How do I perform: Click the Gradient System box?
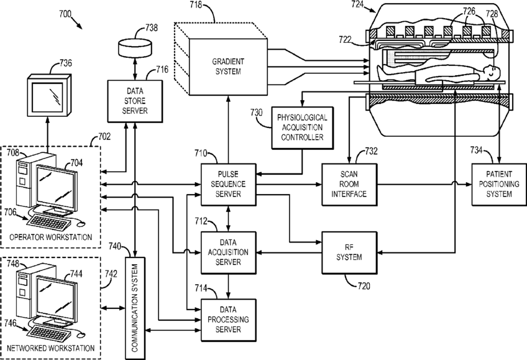[228, 67]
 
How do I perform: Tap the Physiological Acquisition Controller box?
[301, 127]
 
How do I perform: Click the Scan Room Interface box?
[349, 183]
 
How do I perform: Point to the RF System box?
[349, 253]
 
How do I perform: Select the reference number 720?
[363, 287]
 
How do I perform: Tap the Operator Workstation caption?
[50, 237]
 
